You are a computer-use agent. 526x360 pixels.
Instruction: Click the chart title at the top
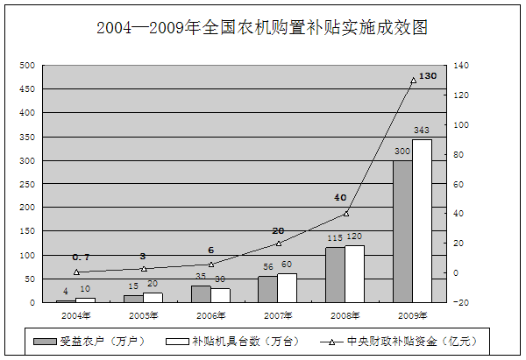[x=262, y=28]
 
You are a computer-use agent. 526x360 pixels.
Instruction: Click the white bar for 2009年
[x=422, y=221]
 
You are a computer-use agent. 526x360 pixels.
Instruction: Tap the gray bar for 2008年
[x=335, y=275]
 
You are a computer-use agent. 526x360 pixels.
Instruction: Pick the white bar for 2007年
[x=287, y=288]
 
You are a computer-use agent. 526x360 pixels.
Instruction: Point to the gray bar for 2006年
[x=201, y=294]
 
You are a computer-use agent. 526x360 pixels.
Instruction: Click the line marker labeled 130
[x=413, y=81]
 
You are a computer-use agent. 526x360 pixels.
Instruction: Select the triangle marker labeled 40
[x=345, y=214]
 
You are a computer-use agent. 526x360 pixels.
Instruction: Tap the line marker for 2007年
[x=278, y=244]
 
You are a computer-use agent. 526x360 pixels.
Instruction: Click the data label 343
[x=422, y=131]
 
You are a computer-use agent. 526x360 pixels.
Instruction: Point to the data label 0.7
[x=81, y=257]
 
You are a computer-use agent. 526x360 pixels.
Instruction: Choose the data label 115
[x=334, y=237]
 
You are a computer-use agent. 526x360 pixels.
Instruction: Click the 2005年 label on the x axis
[x=144, y=314]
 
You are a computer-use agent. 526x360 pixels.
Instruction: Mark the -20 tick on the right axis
[x=463, y=303]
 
